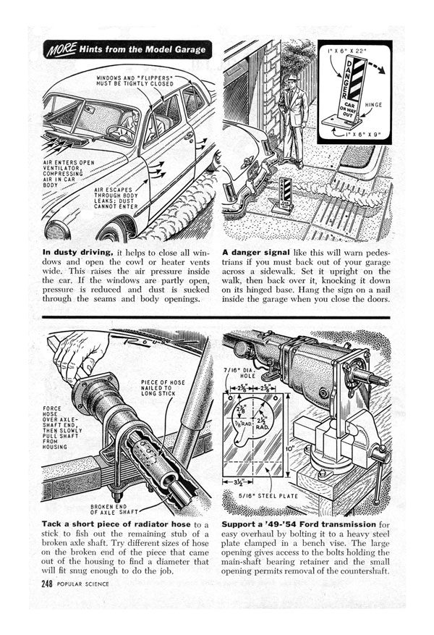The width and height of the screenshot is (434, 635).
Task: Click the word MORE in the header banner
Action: [x=59, y=51]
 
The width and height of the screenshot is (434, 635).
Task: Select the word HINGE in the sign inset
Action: [x=377, y=106]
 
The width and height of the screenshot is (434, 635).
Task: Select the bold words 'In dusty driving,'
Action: [x=77, y=252]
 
